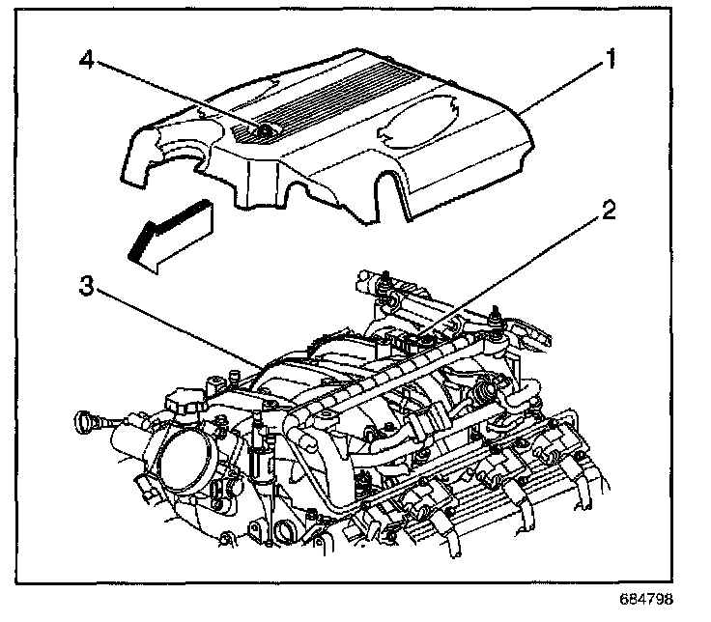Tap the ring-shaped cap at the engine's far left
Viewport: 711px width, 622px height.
point(86,421)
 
